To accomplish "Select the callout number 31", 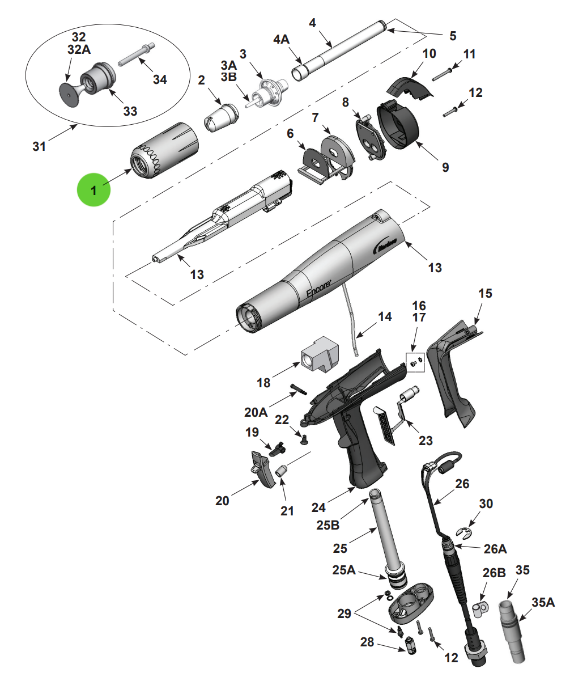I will tap(39, 146).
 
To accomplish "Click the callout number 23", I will tap(426, 441).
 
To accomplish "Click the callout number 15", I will tap(486, 294).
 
